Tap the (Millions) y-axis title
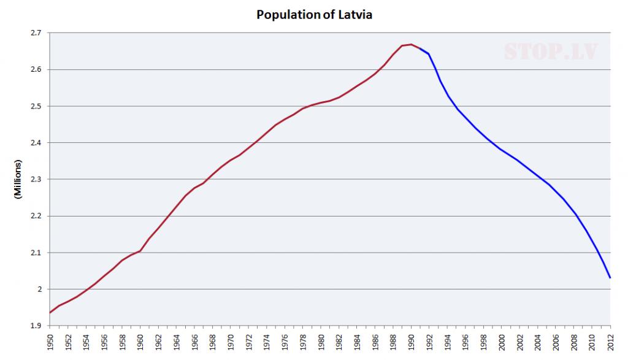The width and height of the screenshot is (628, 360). (x=18, y=179)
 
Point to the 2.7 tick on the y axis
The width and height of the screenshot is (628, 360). (x=36, y=33)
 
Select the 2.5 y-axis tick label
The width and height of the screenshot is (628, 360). (x=36, y=106)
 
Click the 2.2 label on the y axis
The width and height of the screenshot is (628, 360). (x=36, y=216)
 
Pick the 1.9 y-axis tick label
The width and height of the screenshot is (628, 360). (x=36, y=326)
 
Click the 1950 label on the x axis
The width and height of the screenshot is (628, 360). (x=50, y=343)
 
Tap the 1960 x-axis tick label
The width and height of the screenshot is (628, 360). (x=140, y=343)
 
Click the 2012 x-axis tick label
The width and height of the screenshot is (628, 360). (x=610, y=343)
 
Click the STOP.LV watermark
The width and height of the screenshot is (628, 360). (x=550, y=52)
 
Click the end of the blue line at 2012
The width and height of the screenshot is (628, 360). (x=610, y=278)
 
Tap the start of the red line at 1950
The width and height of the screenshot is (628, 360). (x=50, y=313)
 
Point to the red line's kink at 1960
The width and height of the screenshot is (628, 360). (x=140, y=251)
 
